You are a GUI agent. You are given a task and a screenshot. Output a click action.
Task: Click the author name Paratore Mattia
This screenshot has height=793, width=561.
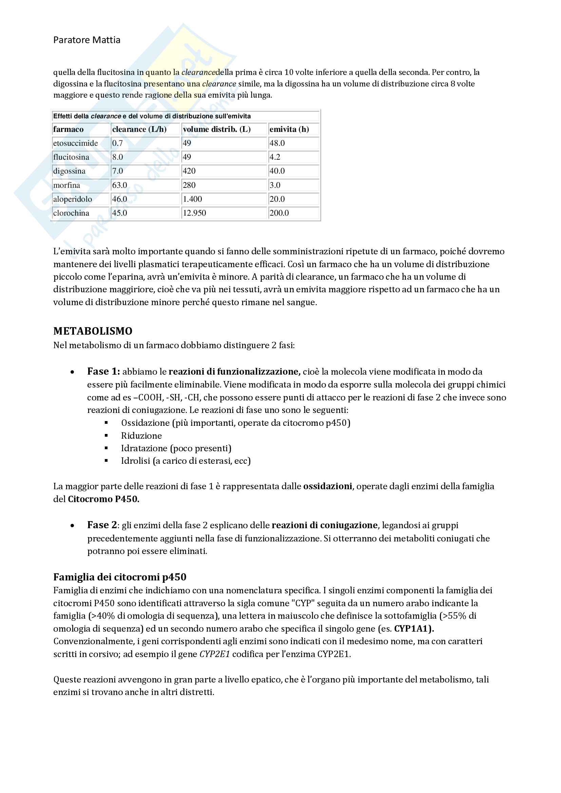coord(87,40)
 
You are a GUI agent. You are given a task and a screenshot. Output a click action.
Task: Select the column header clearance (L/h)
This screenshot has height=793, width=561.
coord(139,129)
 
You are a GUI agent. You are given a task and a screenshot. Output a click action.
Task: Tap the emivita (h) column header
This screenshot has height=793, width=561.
coord(289,129)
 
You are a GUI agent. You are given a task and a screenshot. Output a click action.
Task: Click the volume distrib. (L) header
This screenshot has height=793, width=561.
coord(217,129)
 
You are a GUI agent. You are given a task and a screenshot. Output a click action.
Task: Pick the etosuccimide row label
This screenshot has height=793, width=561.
coord(75,143)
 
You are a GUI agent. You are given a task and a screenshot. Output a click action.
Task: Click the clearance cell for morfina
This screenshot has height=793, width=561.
coord(119,185)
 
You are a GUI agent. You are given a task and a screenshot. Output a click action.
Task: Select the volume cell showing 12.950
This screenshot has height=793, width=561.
coord(194,213)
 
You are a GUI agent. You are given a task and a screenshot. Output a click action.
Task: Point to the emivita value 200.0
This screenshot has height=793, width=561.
coord(279,213)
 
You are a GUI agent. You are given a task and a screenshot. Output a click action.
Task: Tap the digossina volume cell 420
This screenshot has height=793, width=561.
coord(189,171)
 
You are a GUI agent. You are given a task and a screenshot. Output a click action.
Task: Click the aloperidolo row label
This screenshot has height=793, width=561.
coord(73,199)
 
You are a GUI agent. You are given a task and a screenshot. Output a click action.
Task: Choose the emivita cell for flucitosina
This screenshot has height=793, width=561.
coord(275,157)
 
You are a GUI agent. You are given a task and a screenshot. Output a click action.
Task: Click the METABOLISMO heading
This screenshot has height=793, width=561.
coord(93,331)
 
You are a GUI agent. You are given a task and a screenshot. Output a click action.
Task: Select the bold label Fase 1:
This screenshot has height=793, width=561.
coord(103,371)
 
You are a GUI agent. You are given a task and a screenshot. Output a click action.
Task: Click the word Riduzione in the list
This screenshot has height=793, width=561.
coord(141,436)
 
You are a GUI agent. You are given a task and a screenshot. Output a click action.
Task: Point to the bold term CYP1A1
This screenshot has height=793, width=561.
coord(413,629)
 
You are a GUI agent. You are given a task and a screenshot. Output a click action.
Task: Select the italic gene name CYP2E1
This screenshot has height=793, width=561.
coord(214,654)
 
